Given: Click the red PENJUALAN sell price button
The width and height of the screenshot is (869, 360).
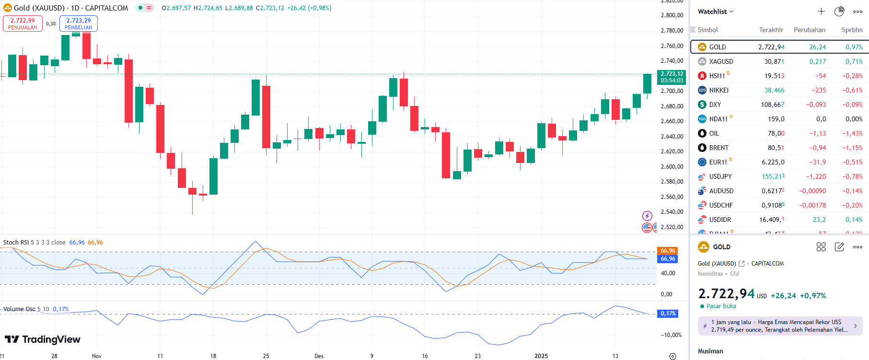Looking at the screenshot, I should coord(23,23).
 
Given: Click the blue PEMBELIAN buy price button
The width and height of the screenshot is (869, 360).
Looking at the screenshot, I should coord(79,23).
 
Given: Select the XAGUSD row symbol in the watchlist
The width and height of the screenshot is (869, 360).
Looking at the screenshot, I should coord(721,61).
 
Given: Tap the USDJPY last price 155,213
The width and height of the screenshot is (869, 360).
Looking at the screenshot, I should coord(773,176).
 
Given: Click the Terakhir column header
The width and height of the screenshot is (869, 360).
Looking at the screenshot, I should coord(771,30).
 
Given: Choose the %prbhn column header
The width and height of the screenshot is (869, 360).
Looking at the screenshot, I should coord(851,30).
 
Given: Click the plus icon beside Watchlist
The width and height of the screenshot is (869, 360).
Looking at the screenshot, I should coord(821,12).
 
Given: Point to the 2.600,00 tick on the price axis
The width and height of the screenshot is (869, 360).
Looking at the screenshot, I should coord(672,166).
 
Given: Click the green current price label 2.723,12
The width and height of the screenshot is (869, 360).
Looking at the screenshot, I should coord(672,77).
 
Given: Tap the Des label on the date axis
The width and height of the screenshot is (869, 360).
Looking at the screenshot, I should coord(319,356).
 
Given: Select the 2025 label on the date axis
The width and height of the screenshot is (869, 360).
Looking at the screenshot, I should coord(541,356).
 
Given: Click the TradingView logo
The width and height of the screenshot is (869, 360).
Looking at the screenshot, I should coord(43,339).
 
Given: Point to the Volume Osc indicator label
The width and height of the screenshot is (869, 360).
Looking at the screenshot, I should coord(19,309).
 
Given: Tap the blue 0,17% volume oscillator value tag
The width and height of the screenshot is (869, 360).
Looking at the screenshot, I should coord(668,314).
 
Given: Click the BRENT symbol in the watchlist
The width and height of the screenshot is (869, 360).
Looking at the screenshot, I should coord(718,148).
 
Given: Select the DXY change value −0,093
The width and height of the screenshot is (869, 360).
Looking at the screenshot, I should coord(816,105).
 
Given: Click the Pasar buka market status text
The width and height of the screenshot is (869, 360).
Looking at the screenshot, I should coord(721,306).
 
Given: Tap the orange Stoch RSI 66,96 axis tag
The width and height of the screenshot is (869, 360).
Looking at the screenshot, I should coord(668,251).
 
